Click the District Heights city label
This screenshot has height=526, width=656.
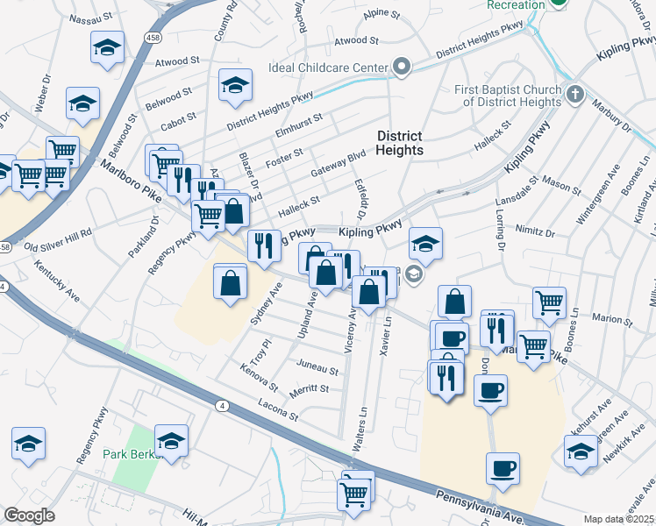pyautogui.click(x=400, y=143)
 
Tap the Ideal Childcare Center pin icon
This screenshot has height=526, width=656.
pyautogui.click(x=403, y=67)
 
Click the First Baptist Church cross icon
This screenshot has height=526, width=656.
pyautogui.click(x=574, y=93)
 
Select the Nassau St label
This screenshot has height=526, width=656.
pyautogui.click(x=91, y=15)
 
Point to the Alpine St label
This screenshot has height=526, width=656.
pyautogui.click(x=381, y=15)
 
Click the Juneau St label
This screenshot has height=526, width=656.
pyautogui.click(x=317, y=361)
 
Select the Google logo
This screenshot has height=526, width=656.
pyautogui.click(x=29, y=515)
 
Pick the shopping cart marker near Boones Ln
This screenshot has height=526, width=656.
pyautogui.click(x=549, y=302)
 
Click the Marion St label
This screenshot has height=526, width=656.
pyautogui.click(x=607, y=317)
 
